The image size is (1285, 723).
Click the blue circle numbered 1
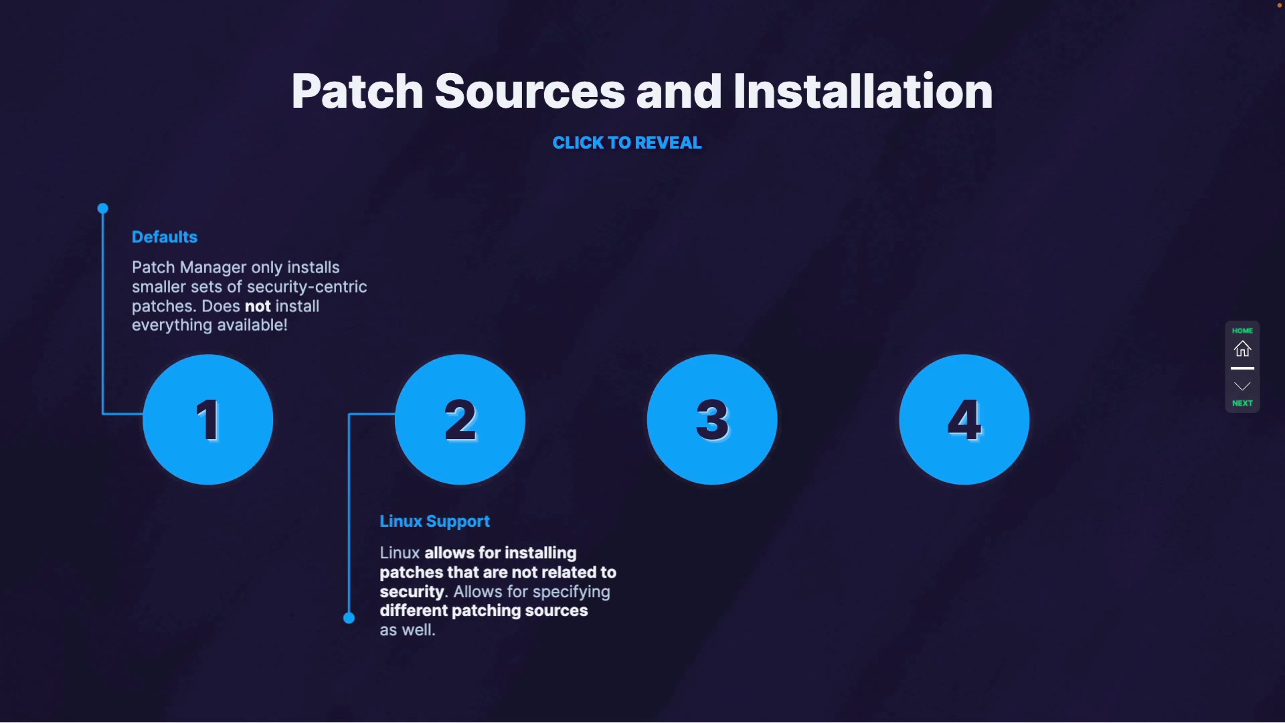click(x=208, y=420)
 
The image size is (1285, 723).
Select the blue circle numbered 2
click(x=460, y=420)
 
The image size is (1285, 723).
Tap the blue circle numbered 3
click(x=712, y=420)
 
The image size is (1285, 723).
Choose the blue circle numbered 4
click(x=964, y=420)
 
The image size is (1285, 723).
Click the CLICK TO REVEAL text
click(x=627, y=143)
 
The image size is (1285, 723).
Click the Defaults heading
click(x=165, y=237)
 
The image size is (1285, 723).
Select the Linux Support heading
click(x=434, y=521)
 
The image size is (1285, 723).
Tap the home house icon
click(x=1242, y=349)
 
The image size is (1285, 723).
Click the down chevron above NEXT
click(x=1242, y=386)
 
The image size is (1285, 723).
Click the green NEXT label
click(x=1242, y=403)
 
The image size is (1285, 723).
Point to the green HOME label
click(x=1242, y=331)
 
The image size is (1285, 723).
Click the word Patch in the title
click(x=357, y=92)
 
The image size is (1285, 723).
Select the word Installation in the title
click(x=863, y=92)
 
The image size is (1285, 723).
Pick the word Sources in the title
click(x=529, y=92)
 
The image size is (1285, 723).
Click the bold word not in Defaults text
click(x=258, y=307)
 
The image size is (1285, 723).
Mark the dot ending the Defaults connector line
click(x=102, y=209)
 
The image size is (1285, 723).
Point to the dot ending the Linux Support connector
click(x=349, y=618)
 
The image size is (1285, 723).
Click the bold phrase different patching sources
click(x=483, y=611)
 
